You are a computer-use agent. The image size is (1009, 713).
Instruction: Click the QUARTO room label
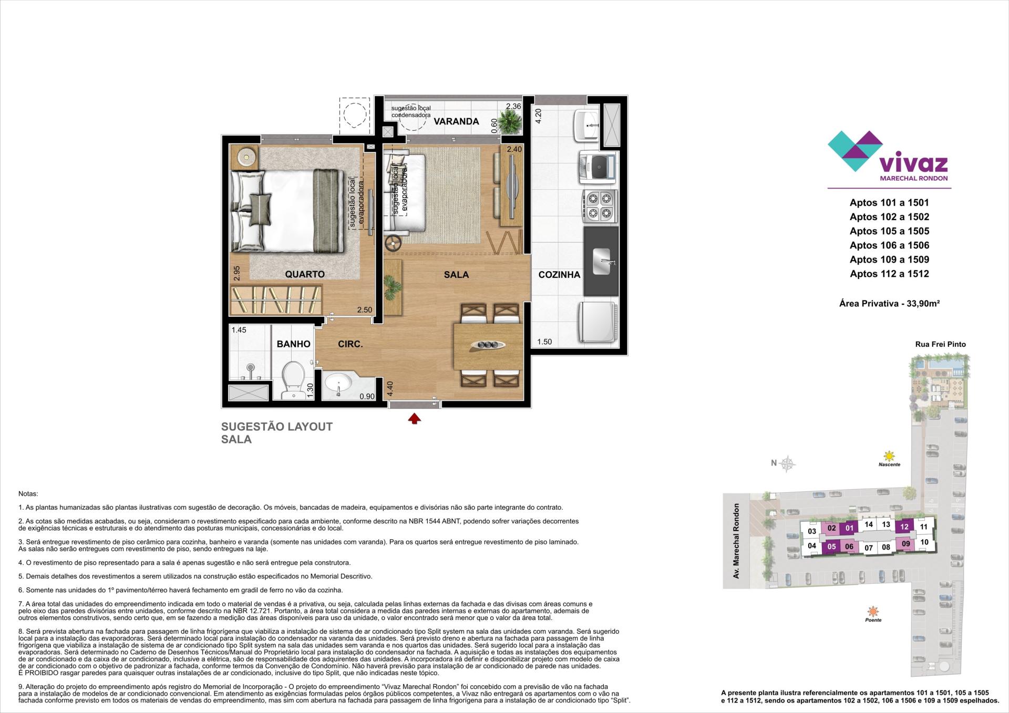pos(305,274)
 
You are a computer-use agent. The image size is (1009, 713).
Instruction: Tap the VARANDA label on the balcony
pos(456,121)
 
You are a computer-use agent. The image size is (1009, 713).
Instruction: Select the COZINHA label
pos(559,275)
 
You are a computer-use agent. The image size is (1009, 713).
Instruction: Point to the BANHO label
pos(294,344)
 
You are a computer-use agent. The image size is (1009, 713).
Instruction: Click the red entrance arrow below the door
pos(415,418)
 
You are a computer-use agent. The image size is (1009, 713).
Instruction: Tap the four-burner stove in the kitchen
pos(599,205)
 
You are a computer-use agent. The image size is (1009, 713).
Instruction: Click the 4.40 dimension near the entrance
pos(389,388)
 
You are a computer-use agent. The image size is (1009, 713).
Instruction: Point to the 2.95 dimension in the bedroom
pos(237,274)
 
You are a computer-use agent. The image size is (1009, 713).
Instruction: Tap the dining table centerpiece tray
pos(488,344)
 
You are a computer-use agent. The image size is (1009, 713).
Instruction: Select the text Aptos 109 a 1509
pos(889,260)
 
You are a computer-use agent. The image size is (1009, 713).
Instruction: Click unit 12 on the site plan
pos(904,527)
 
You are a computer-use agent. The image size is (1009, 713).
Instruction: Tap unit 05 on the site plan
pos(831,546)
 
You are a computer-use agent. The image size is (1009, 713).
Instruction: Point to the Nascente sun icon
pos(889,456)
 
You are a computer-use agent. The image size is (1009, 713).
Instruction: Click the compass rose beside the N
pos(787,463)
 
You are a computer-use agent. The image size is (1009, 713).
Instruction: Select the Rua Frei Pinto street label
pos(940,345)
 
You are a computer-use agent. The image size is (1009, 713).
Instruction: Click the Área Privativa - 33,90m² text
pos(889,303)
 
